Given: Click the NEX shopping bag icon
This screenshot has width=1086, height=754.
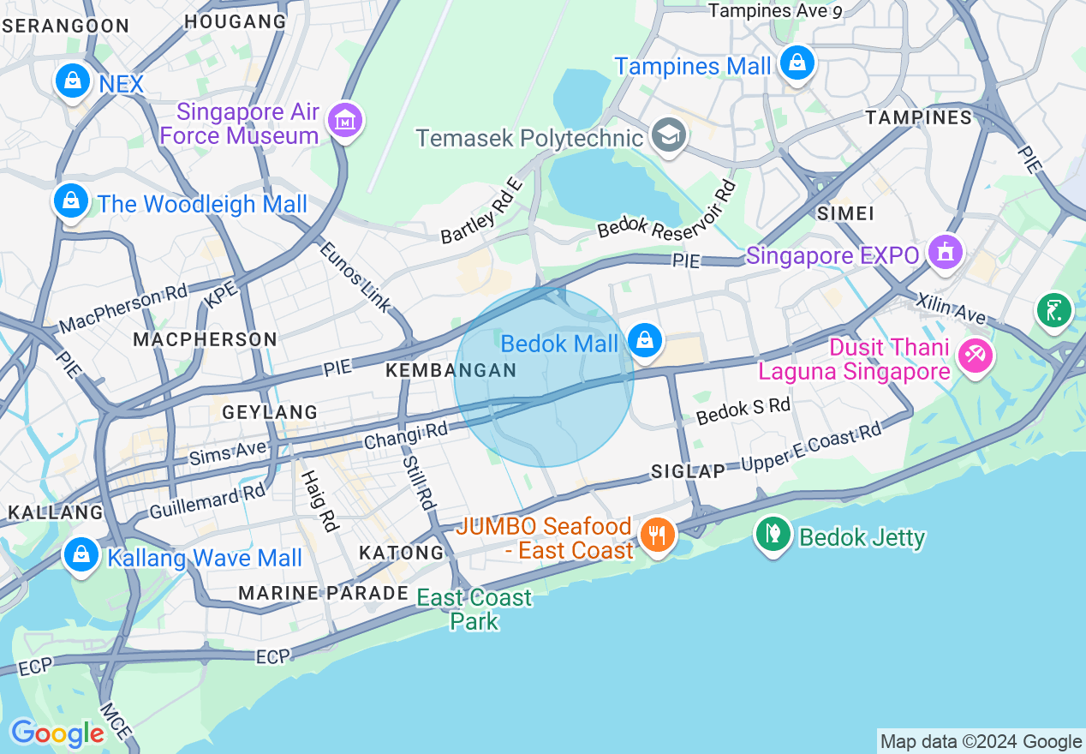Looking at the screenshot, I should [73, 81].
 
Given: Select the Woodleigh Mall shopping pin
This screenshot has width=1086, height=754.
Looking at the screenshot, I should [71, 202].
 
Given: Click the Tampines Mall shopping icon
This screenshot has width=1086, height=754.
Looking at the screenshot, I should [797, 63].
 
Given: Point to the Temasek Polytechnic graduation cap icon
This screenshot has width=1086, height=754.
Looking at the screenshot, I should [668, 135].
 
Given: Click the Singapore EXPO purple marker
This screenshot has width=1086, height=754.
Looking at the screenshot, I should [946, 253].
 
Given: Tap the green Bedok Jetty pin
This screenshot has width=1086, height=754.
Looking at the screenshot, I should [773, 534].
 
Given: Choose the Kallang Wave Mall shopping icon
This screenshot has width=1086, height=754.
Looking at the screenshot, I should [81, 554].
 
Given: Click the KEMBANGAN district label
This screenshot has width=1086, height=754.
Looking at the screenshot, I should [451, 370].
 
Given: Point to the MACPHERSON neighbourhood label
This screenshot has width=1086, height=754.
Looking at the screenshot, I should [206, 339].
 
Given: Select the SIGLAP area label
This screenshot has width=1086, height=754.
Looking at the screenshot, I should [689, 470].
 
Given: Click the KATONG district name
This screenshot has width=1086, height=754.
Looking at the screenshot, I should [402, 553].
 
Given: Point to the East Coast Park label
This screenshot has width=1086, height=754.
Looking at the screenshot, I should [474, 608].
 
